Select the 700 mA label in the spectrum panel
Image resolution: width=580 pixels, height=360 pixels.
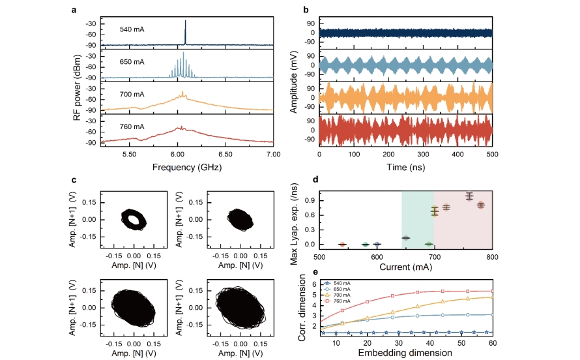132,94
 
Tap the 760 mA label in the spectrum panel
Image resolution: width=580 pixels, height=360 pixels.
132,126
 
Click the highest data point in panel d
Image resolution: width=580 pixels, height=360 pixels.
469,196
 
